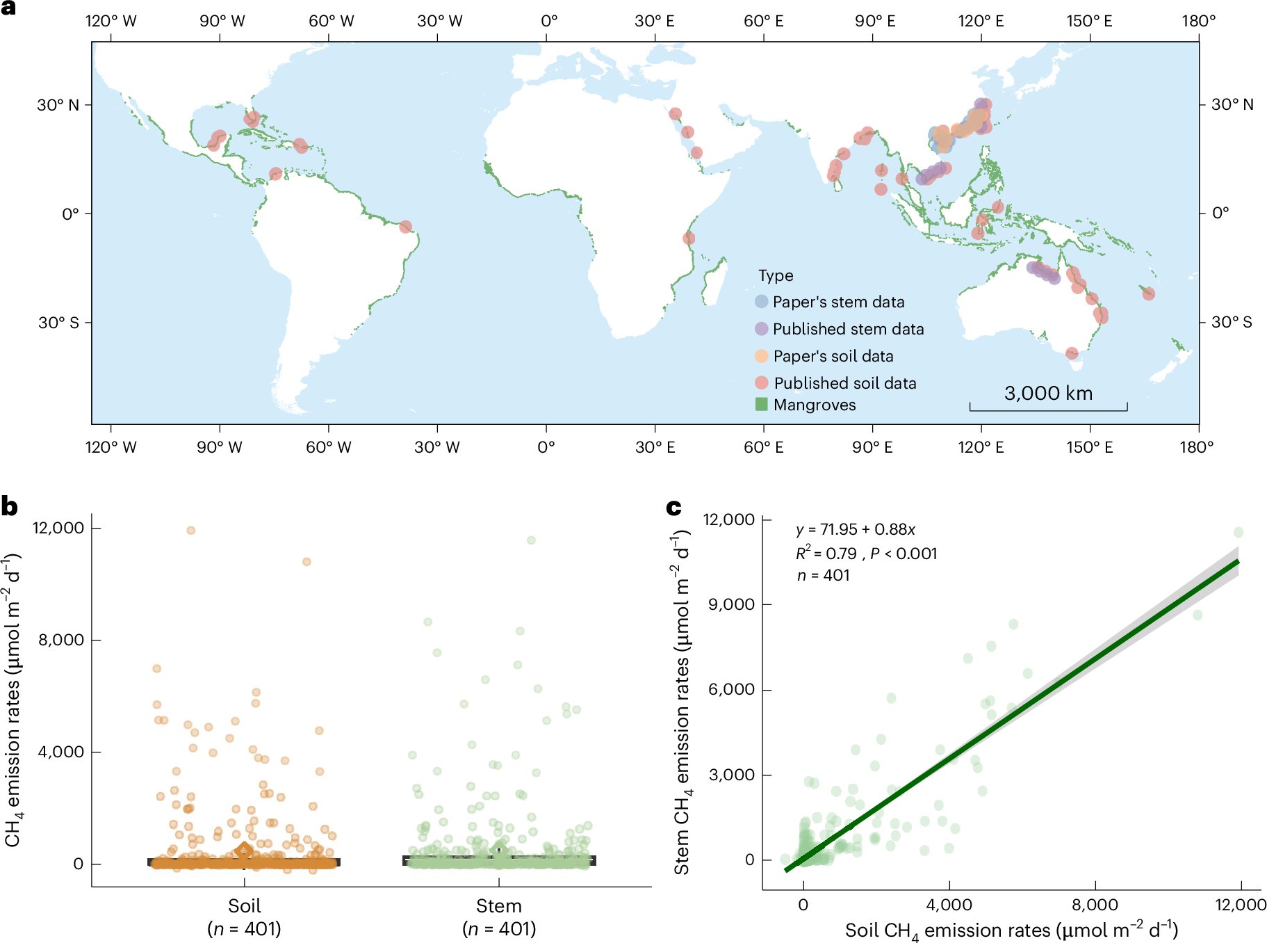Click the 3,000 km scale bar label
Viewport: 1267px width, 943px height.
pyautogui.click(x=1048, y=394)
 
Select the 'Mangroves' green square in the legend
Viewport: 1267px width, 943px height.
pyautogui.click(x=762, y=404)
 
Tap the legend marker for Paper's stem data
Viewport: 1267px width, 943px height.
pyautogui.click(x=762, y=302)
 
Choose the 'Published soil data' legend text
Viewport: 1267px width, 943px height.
pyautogui.click(x=845, y=383)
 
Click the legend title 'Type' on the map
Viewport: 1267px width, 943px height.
pyautogui.click(x=776, y=275)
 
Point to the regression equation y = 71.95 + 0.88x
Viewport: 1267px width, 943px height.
pyautogui.click(x=856, y=530)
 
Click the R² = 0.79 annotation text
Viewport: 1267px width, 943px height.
pyautogui.click(x=826, y=554)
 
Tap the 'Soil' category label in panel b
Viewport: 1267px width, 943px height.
pyautogui.click(x=244, y=906)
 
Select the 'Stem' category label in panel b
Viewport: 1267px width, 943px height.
pyautogui.click(x=498, y=906)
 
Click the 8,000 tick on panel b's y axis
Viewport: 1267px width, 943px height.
pyautogui.click(x=61, y=640)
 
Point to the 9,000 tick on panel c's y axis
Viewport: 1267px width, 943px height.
pyautogui.click(x=731, y=604)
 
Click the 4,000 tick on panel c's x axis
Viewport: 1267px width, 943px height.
pyautogui.click(x=949, y=905)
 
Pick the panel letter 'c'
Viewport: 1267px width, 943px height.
pyautogui.click(x=673, y=508)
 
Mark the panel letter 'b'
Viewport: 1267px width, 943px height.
pyautogui.click(x=10, y=506)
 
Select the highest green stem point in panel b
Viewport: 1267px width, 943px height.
pyautogui.click(x=531, y=540)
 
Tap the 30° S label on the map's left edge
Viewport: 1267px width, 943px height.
pyautogui.click(x=58, y=323)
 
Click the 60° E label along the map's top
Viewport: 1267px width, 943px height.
pyautogui.click(x=763, y=21)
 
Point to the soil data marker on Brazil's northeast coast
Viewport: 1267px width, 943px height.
pyautogui.click(x=406, y=227)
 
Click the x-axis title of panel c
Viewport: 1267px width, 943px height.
pyautogui.click(x=1011, y=930)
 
